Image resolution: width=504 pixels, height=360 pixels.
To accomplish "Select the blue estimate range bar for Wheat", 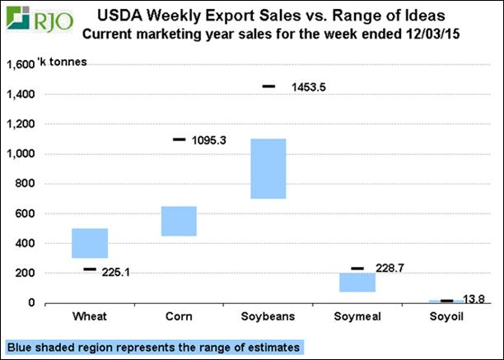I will coord(90,243).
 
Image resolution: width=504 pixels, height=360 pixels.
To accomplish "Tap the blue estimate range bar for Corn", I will coord(179,221).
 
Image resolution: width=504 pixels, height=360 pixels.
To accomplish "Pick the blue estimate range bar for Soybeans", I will coord(268,168).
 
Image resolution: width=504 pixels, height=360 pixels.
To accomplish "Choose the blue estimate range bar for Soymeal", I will coord(357,282).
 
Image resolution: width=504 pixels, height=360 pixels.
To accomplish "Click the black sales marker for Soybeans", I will coord(268,86).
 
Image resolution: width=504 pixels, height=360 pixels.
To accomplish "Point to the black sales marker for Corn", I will coord(179,139).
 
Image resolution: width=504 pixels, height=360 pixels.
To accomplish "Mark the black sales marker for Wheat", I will coord(90,269).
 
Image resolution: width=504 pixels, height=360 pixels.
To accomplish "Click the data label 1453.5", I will coord(308,86).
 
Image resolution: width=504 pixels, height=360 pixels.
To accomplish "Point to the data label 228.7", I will coord(390,269).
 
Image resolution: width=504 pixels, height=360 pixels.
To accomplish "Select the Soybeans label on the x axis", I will coord(268,318).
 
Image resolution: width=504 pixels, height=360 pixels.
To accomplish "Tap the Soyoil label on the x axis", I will coord(446,318).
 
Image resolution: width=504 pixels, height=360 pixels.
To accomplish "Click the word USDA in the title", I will coord(120,15).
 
